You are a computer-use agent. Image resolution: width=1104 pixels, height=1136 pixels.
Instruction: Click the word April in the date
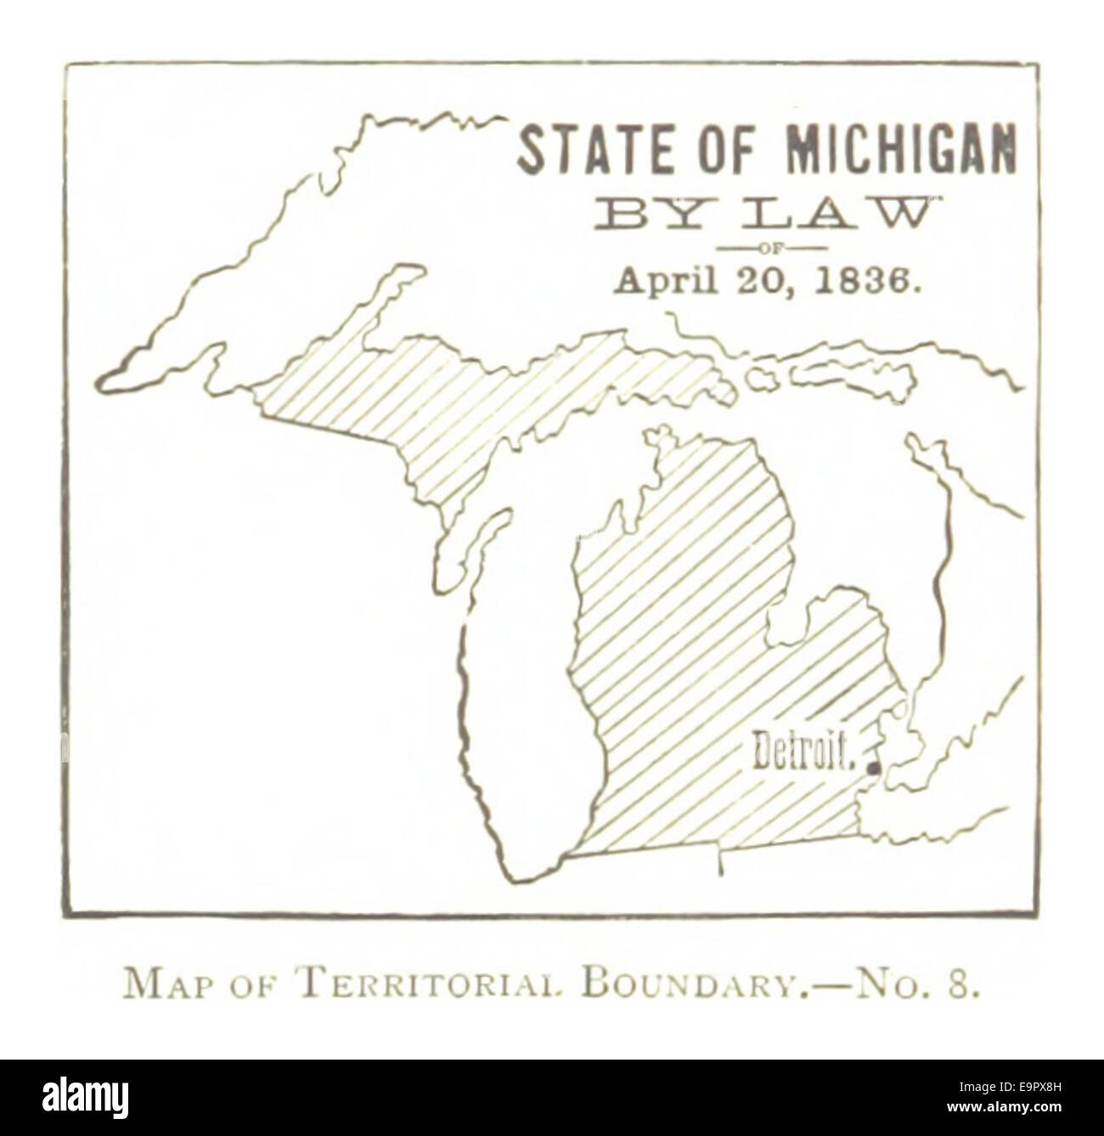tap(663, 282)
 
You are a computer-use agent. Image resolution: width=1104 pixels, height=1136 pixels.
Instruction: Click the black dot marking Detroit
tap(873, 768)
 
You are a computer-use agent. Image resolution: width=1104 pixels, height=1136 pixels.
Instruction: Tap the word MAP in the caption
tap(166, 987)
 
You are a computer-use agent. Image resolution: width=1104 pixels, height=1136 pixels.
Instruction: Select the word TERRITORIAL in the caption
tap(422, 987)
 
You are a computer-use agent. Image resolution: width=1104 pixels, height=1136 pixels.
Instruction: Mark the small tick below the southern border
tap(721, 864)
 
